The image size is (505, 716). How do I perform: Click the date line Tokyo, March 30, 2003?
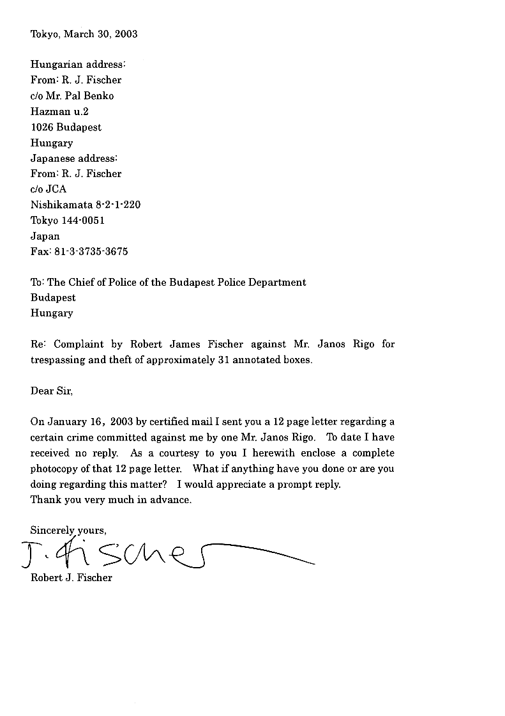84,34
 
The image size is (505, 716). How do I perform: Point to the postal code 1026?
42,127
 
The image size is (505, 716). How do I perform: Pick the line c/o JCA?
49,189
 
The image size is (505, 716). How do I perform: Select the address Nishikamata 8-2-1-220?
86,205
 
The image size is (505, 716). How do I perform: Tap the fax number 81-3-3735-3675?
91,252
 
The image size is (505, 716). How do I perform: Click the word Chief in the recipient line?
81,282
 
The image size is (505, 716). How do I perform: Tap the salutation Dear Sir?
52,391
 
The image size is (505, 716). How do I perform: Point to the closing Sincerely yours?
68,531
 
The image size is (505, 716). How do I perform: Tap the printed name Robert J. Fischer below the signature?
71,578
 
